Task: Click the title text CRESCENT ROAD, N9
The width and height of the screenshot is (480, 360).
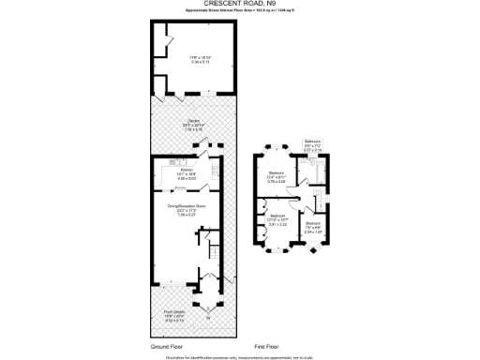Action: coord(240,4)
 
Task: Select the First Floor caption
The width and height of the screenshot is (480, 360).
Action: coord(268,347)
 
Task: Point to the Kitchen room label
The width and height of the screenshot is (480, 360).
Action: coord(185,172)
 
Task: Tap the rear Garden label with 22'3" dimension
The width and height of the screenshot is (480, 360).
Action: coord(191,125)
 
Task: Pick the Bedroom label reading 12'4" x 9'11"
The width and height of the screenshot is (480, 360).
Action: coord(277,175)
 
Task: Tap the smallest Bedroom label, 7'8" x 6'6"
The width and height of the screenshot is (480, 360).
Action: coord(312,225)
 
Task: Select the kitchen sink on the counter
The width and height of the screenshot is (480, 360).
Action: coord(215,172)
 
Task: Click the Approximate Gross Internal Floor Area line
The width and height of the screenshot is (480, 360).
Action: coord(240,10)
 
